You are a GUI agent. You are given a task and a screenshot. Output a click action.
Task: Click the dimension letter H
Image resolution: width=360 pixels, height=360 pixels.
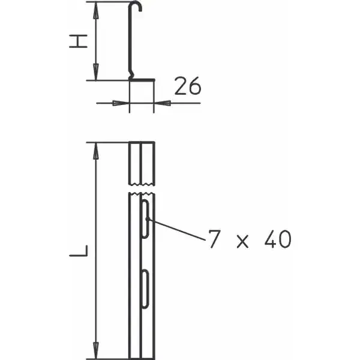(78, 41)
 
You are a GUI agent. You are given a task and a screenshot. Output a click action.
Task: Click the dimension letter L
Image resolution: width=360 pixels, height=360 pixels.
(79, 250)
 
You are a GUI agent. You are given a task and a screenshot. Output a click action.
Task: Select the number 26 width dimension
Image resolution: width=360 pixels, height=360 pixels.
(188, 86)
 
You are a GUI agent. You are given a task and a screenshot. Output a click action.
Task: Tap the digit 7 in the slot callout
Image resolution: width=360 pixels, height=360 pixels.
(215, 239)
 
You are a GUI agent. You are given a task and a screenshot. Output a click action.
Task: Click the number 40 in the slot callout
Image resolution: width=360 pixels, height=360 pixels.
(278, 239)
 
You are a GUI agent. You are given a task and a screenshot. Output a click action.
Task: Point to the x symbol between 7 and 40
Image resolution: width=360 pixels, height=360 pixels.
(242, 242)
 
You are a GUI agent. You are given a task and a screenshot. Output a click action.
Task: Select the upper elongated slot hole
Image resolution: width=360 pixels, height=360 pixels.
(146, 218)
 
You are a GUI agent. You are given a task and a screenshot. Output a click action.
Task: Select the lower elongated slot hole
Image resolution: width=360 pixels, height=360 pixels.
(145, 289)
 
